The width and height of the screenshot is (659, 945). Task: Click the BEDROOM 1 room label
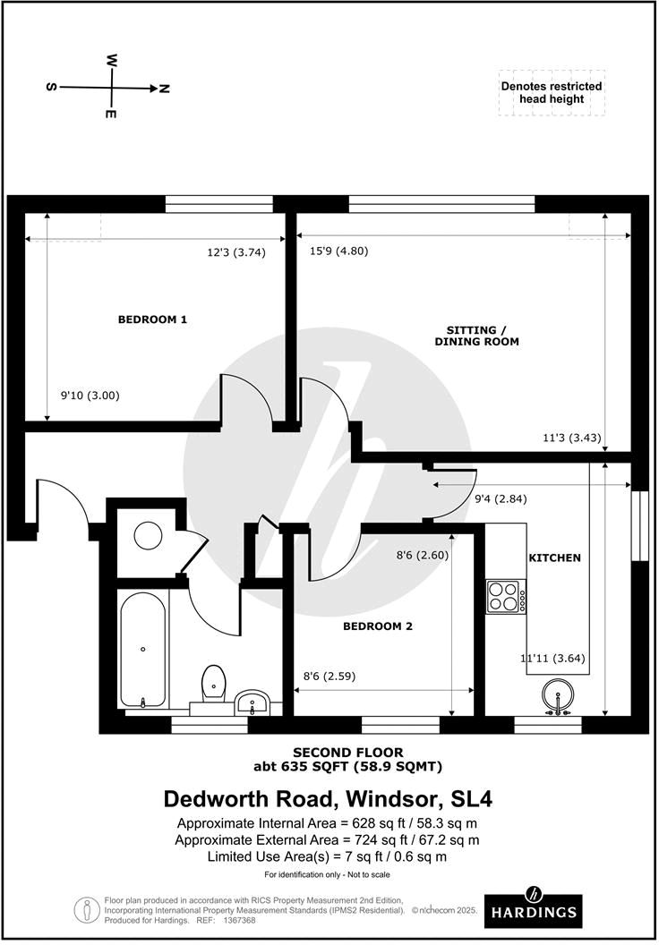coord(152,319)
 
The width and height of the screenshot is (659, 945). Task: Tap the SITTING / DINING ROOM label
coord(476,335)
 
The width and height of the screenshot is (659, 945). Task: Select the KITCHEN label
coord(554,558)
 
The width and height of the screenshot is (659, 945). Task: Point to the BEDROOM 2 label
coord(378,626)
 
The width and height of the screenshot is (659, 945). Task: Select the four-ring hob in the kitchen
coord(505,596)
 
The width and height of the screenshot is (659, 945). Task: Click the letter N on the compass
coord(164,88)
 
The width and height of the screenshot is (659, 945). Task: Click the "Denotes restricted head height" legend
coord(552,92)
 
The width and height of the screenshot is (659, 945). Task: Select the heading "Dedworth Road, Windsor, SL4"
coord(328,798)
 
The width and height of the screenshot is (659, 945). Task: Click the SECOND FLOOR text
coord(348,753)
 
